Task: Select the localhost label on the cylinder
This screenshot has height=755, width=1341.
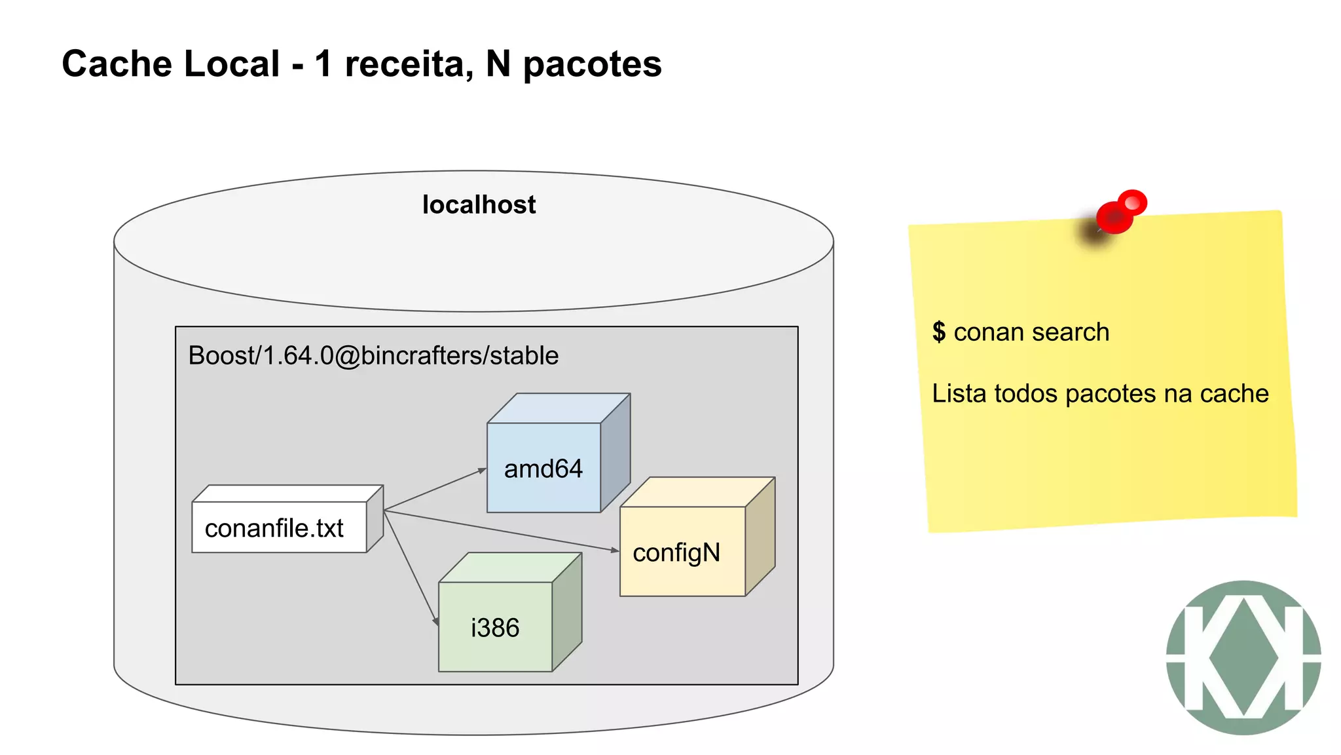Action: (x=479, y=205)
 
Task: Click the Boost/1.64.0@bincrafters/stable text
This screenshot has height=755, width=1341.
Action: (x=373, y=356)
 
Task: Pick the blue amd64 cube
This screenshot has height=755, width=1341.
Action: (x=543, y=468)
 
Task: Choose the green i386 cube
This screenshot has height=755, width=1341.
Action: (x=495, y=627)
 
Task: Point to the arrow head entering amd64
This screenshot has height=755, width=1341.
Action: (x=483, y=470)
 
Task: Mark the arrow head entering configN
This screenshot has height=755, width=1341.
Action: (x=615, y=550)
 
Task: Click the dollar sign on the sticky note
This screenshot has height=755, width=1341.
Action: (x=939, y=332)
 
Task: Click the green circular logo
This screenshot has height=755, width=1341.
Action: (x=1243, y=657)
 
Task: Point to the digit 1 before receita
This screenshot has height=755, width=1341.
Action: (x=323, y=64)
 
